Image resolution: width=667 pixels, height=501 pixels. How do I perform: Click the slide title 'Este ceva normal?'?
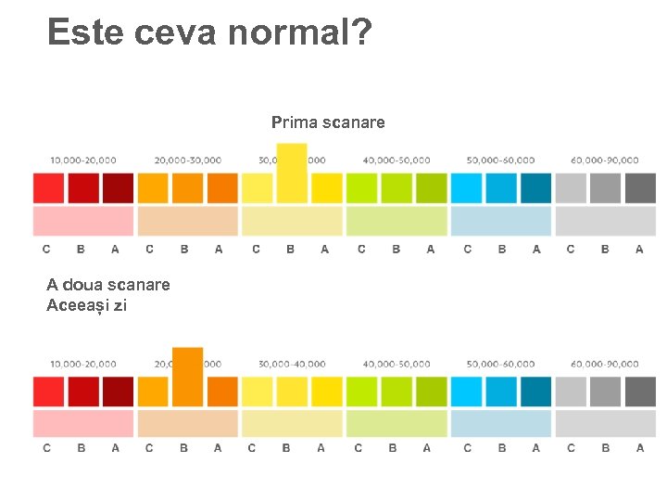pos(209,32)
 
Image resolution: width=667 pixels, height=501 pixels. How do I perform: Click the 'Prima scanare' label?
pos(328,122)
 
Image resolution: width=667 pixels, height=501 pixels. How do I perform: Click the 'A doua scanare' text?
pos(108,285)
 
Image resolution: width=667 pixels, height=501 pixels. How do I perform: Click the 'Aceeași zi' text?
pos(86,304)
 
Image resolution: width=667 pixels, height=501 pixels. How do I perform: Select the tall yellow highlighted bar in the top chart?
pos(291,173)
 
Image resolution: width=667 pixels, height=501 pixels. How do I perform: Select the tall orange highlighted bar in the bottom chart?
pos(187,377)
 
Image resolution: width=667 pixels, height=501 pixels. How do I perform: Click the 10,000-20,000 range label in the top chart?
pos(83,161)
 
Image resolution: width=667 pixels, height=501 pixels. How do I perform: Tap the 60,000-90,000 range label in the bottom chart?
pos(605,365)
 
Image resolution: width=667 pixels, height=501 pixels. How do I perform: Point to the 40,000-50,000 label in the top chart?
pos(396,161)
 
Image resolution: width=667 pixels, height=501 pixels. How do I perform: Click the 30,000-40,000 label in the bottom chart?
pos(293,365)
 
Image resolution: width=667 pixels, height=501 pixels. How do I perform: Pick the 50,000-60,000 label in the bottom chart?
pos(500,365)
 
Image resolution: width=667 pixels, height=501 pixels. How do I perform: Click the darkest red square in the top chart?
pos(118,188)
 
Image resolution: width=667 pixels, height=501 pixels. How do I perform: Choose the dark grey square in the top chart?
pos(640,188)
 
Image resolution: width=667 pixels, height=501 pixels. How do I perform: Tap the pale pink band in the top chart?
pos(83,221)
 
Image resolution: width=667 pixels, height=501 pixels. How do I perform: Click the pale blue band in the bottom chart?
pos(500,424)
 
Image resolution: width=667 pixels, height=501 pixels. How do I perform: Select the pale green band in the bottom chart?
pos(396,424)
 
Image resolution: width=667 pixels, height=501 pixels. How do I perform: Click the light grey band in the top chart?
pos(605,221)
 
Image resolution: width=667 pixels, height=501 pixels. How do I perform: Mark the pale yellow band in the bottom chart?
pos(293,424)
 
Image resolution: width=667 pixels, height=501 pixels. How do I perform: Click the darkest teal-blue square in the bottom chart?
pos(535,392)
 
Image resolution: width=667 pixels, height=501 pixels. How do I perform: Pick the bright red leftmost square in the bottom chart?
pos(49,392)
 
